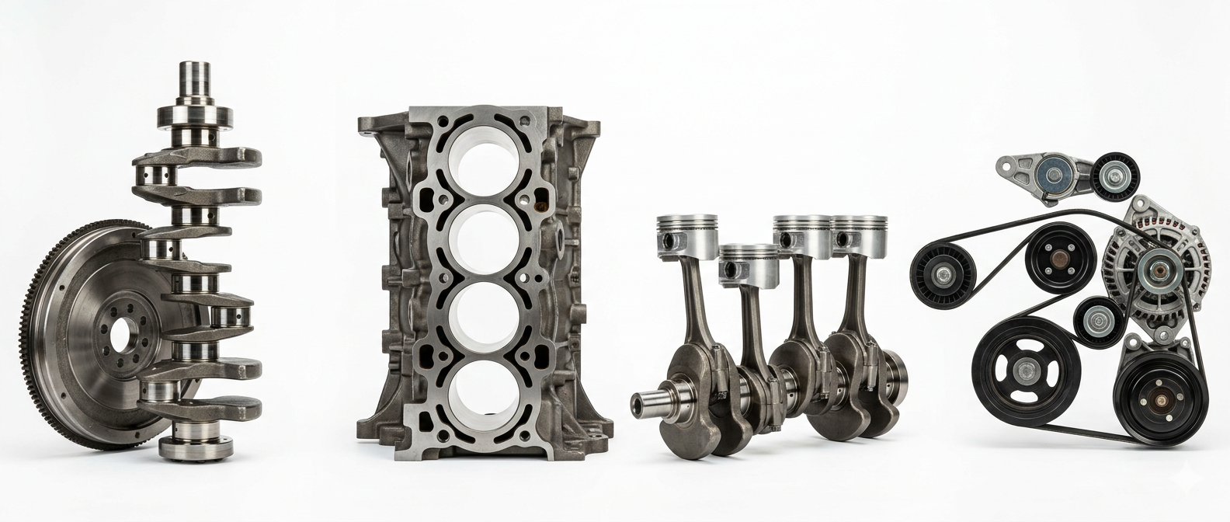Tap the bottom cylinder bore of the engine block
pyautogui.click(x=479, y=388)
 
